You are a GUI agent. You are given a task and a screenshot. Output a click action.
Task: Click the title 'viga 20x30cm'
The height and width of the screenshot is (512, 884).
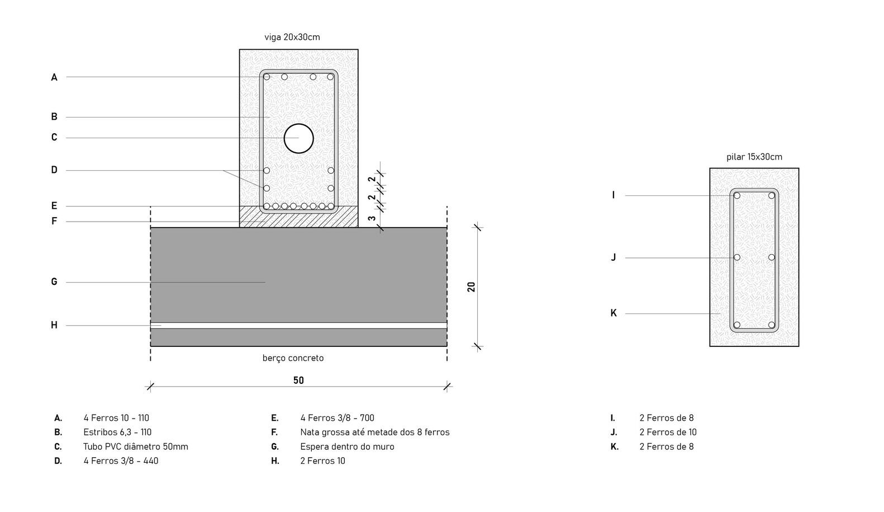click(x=292, y=37)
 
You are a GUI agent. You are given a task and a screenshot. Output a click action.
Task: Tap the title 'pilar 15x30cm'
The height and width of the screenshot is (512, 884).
click(x=754, y=157)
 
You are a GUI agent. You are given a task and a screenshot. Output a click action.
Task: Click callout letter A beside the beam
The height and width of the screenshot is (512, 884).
click(x=54, y=77)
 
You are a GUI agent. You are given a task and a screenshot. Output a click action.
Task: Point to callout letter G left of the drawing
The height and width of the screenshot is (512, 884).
click(x=54, y=281)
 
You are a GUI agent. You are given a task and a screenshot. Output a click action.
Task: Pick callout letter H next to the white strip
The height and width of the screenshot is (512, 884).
click(x=54, y=325)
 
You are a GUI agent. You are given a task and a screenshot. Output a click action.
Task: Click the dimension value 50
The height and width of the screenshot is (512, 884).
click(x=298, y=381)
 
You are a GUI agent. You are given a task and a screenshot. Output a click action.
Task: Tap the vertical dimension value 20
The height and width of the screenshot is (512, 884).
click(x=471, y=287)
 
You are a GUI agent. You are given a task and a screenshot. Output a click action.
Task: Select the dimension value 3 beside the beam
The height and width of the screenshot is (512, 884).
click(x=372, y=218)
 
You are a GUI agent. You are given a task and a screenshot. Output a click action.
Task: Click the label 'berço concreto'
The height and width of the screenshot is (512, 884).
click(x=293, y=358)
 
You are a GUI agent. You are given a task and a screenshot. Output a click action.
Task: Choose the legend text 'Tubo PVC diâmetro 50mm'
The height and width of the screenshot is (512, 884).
click(x=136, y=447)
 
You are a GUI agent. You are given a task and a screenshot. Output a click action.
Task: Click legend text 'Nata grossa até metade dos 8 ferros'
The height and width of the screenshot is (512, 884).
click(x=375, y=432)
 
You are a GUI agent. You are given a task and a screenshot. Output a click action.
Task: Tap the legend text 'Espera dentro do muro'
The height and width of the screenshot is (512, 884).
click(x=348, y=447)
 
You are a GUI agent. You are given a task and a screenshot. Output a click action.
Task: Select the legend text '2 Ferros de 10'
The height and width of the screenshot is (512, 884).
click(x=668, y=432)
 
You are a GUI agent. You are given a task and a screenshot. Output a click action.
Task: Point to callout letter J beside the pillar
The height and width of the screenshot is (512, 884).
click(x=614, y=257)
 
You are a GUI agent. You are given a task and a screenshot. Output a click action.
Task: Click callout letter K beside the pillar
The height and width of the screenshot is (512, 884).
click(x=614, y=313)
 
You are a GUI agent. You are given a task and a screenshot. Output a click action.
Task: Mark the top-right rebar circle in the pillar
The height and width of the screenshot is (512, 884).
click(x=772, y=195)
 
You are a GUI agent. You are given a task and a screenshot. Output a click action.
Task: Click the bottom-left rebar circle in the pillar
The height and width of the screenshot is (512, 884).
click(x=737, y=325)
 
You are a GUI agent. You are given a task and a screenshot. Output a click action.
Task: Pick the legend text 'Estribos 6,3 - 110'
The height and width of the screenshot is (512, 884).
click(x=117, y=432)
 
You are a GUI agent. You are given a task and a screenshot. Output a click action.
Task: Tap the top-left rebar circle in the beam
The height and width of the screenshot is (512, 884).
click(x=267, y=77)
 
